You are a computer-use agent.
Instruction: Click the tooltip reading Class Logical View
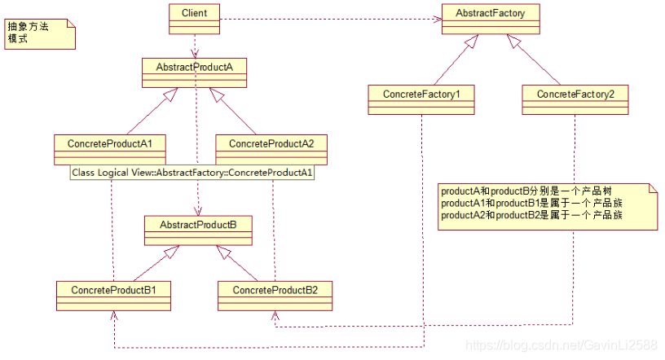click(x=193, y=173)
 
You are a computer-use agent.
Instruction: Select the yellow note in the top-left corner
click(x=40, y=32)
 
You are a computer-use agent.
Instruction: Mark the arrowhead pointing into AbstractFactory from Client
click(x=438, y=19)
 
